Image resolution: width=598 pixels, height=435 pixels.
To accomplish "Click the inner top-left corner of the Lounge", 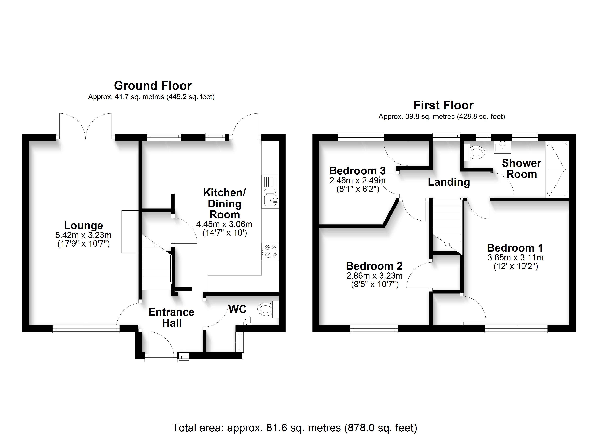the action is (x=29, y=141).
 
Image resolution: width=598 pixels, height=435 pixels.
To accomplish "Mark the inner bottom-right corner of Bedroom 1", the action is (x=569, y=325).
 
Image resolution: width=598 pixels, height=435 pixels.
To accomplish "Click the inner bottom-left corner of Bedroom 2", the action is (x=319, y=325).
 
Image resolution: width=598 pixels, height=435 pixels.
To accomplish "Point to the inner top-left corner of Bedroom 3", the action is (x=319, y=141).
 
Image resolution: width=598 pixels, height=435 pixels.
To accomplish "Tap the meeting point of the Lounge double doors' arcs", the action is (x=85, y=139).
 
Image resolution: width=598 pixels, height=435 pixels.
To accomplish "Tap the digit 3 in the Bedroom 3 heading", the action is (x=383, y=171).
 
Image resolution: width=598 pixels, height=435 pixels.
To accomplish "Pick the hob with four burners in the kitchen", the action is (x=270, y=251).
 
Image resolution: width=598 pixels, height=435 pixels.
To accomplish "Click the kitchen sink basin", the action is (x=270, y=202).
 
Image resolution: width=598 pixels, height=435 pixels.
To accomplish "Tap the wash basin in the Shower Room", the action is (x=502, y=147).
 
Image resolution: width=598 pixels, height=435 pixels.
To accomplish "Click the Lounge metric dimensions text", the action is (x=83, y=235).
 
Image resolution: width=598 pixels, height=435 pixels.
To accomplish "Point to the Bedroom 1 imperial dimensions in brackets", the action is (x=516, y=266).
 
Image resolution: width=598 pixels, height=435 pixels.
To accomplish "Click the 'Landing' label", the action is (x=449, y=182).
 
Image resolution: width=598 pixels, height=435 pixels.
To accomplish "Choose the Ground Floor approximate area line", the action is (x=151, y=97).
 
